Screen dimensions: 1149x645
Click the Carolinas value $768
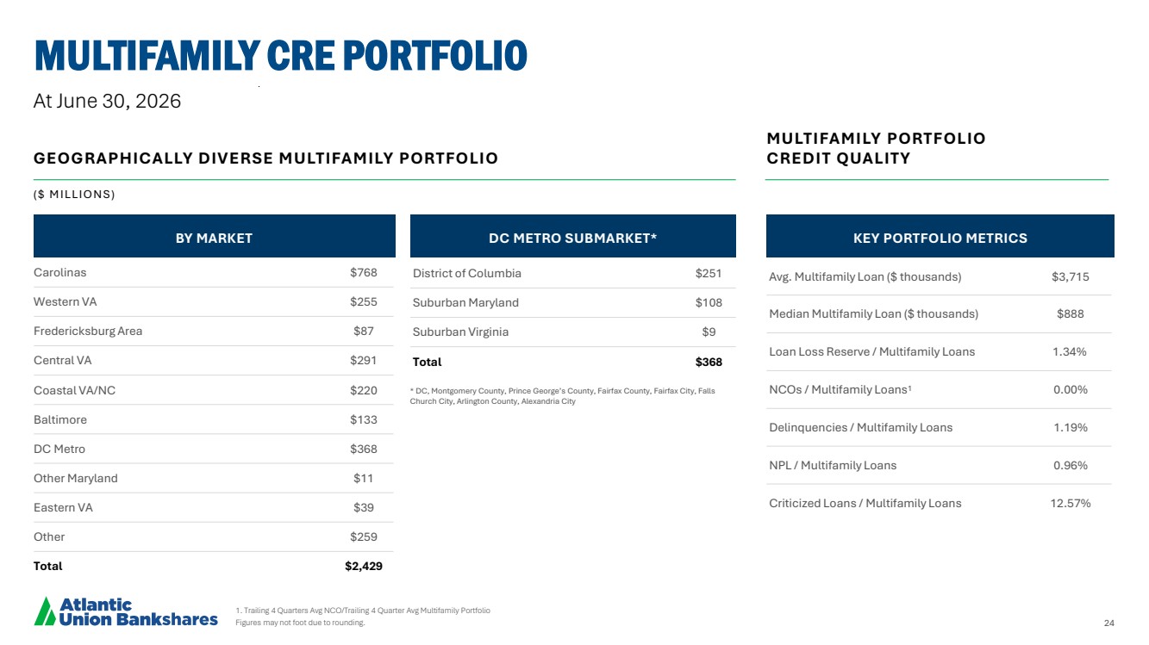coord(363,272)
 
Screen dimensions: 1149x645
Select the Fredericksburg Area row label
coord(88,331)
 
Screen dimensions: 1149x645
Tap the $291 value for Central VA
coord(363,361)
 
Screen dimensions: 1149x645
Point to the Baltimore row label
coord(60,419)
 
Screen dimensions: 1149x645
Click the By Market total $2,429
coord(363,566)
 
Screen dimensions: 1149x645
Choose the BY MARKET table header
coord(214,239)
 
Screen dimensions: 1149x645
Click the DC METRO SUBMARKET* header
coord(572,239)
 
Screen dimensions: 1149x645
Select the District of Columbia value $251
coord(709,274)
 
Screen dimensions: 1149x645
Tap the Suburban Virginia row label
coord(460,332)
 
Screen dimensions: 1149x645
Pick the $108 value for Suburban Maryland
coord(709,303)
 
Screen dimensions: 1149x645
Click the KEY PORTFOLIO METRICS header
coord(940,239)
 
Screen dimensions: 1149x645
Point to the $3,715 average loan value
coord(1070,276)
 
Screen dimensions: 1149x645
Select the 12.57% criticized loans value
coord(1070,503)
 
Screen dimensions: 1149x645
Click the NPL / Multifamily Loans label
coord(833,465)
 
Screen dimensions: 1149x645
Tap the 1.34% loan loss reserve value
coord(1070,351)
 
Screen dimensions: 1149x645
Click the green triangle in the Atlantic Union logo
coord(45,612)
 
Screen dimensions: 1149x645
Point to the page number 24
coord(1109,623)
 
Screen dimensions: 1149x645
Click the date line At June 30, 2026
coord(107,101)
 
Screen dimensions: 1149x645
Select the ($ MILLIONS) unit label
coord(74,194)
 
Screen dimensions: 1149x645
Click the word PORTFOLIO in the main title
coord(434,55)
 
